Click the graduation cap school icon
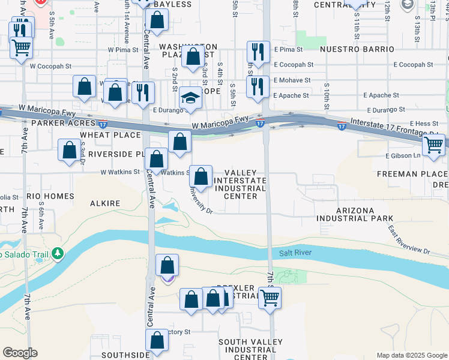[190, 98]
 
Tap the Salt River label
[295, 253]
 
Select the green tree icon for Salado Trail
[58, 254]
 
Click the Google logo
[20, 353]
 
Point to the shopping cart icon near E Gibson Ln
[433, 145]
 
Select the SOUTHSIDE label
[124, 355]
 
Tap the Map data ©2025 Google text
[412, 355]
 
